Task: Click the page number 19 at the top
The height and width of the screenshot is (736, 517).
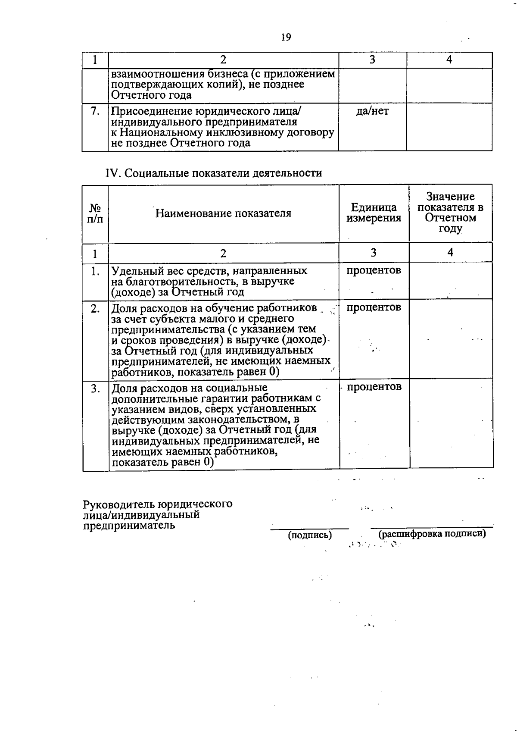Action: pyautogui.click(x=286, y=38)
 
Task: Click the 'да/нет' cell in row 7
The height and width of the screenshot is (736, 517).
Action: pyautogui.click(x=372, y=111)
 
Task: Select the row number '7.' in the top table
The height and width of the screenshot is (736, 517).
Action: pyautogui.click(x=95, y=111)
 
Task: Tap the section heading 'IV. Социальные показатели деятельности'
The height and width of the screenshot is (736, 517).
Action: pyautogui.click(x=214, y=173)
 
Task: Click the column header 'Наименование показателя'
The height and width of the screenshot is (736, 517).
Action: pyautogui.click(x=223, y=213)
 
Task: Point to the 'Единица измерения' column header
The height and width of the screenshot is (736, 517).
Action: pyautogui.click(x=374, y=213)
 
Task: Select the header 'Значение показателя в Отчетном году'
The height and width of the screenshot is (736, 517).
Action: pyautogui.click(x=450, y=213)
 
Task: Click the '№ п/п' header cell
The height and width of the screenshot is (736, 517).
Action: pyautogui.click(x=95, y=213)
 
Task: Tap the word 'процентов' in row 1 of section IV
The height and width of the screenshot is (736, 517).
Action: pyautogui.click(x=374, y=270)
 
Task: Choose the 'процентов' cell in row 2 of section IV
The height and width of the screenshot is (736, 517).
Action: pyautogui.click(x=374, y=307)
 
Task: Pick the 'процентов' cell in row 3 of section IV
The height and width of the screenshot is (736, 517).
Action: pyautogui.click(x=374, y=387)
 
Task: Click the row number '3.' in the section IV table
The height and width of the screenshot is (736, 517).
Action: pyautogui.click(x=95, y=388)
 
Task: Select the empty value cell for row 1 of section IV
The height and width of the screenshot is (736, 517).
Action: pyautogui.click(x=450, y=281)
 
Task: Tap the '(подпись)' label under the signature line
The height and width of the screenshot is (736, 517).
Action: pyautogui.click(x=310, y=535)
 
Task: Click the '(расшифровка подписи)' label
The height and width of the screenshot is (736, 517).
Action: pyautogui.click(x=432, y=534)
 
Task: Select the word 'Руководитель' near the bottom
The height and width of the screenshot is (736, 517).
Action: pyautogui.click(x=119, y=504)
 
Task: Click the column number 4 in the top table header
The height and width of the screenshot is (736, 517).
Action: pyautogui.click(x=449, y=60)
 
